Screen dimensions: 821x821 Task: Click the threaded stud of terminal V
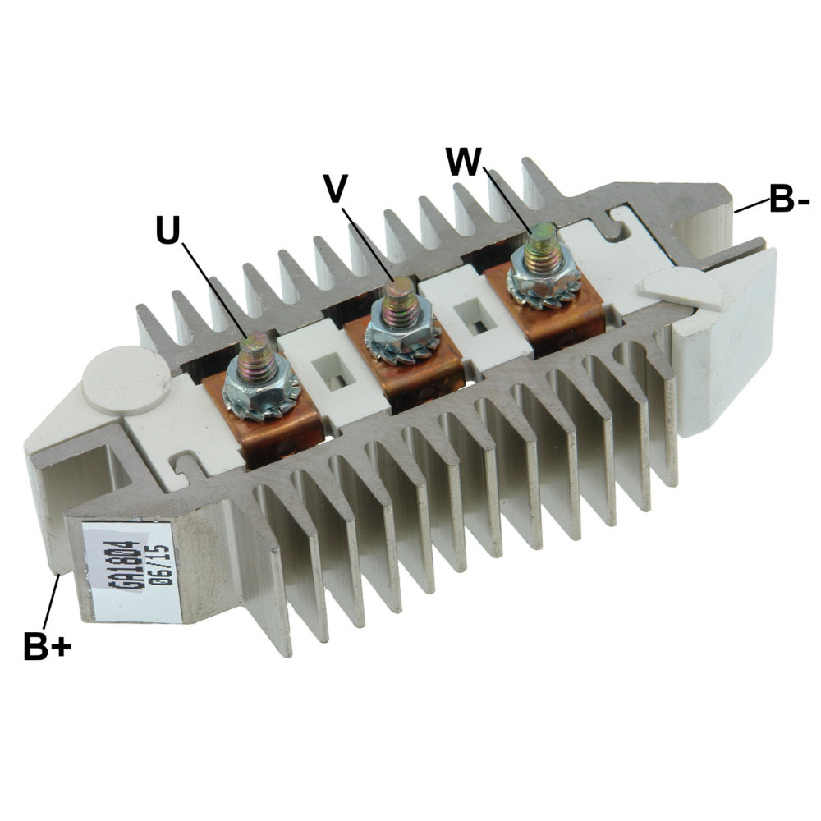401,303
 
